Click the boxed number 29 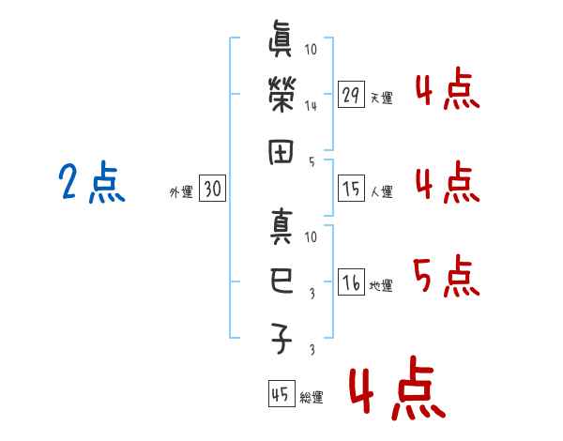pyautogui.click(x=351, y=95)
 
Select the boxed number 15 pyautogui.click(x=351, y=190)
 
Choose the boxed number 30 pyautogui.click(x=212, y=190)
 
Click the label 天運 pyautogui.click(x=381, y=98)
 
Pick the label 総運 pyautogui.click(x=312, y=397)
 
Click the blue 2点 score pyautogui.click(x=91, y=183)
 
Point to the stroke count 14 pyautogui.click(x=311, y=106)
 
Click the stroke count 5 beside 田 pyautogui.click(x=312, y=160)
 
